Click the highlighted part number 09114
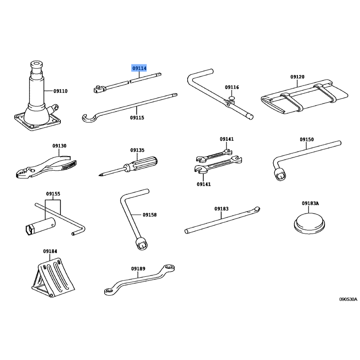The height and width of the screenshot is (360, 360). pyautogui.click(x=139, y=68)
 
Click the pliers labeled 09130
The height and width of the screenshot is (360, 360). pyautogui.click(x=46, y=167)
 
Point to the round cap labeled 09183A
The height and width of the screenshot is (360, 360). pyautogui.click(x=309, y=222)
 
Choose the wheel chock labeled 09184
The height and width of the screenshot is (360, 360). pyautogui.click(x=53, y=278)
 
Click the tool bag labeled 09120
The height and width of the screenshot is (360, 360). pyautogui.click(x=305, y=97)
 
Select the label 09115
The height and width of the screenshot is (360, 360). pyautogui.click(x=137, y=117)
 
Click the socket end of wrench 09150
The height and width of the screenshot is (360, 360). pyautogui.click(x=280, y=175)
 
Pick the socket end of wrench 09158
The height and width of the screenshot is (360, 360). pyautogui.click(x=142, y=244)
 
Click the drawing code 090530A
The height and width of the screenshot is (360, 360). pyautogui.click(x=348, y=299)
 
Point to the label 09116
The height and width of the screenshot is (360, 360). pyautogui.click(x=232, y=87)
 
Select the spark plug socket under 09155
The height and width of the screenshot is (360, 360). pyautogui.click(x=40, y=226)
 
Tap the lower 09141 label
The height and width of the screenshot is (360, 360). pyautogui.click(x=204, y=184)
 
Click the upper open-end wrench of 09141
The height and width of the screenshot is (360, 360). pyautogui.click(x=214, y=156)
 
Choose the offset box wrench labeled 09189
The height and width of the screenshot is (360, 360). pyautogui.click(x=139, y=280)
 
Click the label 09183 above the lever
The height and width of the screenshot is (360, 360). pyautogui.click(x=221, y=209)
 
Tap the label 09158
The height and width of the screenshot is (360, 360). pyautogui.click(x=150, y=215)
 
